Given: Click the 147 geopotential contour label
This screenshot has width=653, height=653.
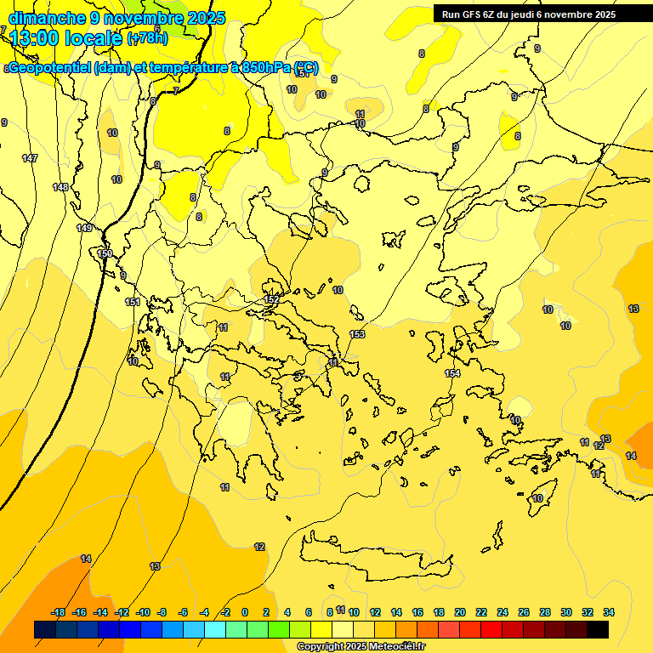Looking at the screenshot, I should click(x=30, y=159).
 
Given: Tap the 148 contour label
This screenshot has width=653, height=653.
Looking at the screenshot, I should click(x=60, y=187).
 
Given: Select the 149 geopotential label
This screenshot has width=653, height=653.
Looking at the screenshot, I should click(x=84, y=228).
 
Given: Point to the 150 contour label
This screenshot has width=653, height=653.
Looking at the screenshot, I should click(x=105, y=253).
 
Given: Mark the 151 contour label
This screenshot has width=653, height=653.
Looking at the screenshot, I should click(x=133, y=302).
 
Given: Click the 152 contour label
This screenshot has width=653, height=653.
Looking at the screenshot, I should click(x=271, y=299).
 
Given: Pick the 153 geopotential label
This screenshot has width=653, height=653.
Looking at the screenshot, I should click(x=357, y=334).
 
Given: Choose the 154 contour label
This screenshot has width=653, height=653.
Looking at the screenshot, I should click(x=452, y=373).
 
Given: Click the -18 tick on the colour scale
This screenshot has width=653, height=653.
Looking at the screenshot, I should click(x=59, y=612).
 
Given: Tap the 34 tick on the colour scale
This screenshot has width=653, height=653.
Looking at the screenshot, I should click(x=609, y=612).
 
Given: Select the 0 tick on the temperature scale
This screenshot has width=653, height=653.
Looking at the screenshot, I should click(x=245, y=612).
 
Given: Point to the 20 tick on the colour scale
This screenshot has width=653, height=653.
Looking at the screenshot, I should click(x=460, y=612).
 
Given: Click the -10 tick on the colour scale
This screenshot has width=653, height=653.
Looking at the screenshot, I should click(x=143, y=612).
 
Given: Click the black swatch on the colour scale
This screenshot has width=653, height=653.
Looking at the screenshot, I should click(x=598, y=629).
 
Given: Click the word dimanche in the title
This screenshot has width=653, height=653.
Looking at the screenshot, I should click(x=47, y=18).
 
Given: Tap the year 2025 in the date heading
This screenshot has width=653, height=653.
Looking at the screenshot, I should click(x=205, y=18).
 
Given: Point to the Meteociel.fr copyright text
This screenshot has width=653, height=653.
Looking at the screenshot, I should click(x=361, y=647).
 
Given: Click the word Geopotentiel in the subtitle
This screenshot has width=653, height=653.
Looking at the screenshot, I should click(x=48, y=68).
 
